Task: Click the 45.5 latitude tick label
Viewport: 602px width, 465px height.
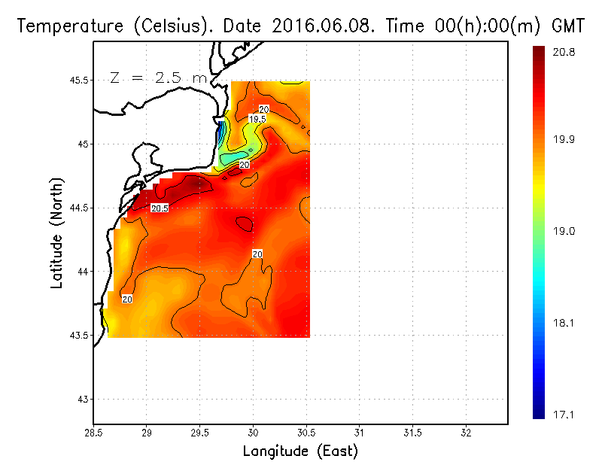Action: click(77, 80)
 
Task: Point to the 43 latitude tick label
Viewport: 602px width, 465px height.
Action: click(82, 399)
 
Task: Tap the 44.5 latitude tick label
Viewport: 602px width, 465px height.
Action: click(77, 208)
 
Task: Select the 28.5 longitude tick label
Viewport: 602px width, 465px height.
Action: click(93, 433)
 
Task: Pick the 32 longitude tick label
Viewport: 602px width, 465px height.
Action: click(466, 433)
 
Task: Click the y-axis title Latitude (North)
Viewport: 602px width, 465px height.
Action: click(56, 233)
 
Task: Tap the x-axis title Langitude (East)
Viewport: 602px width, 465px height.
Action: click(300, 451)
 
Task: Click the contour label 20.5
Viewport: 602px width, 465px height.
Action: click(159, 208)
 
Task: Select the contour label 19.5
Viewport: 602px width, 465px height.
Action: click(257, 119)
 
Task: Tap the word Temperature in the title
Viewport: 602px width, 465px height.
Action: click(67, 26)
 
